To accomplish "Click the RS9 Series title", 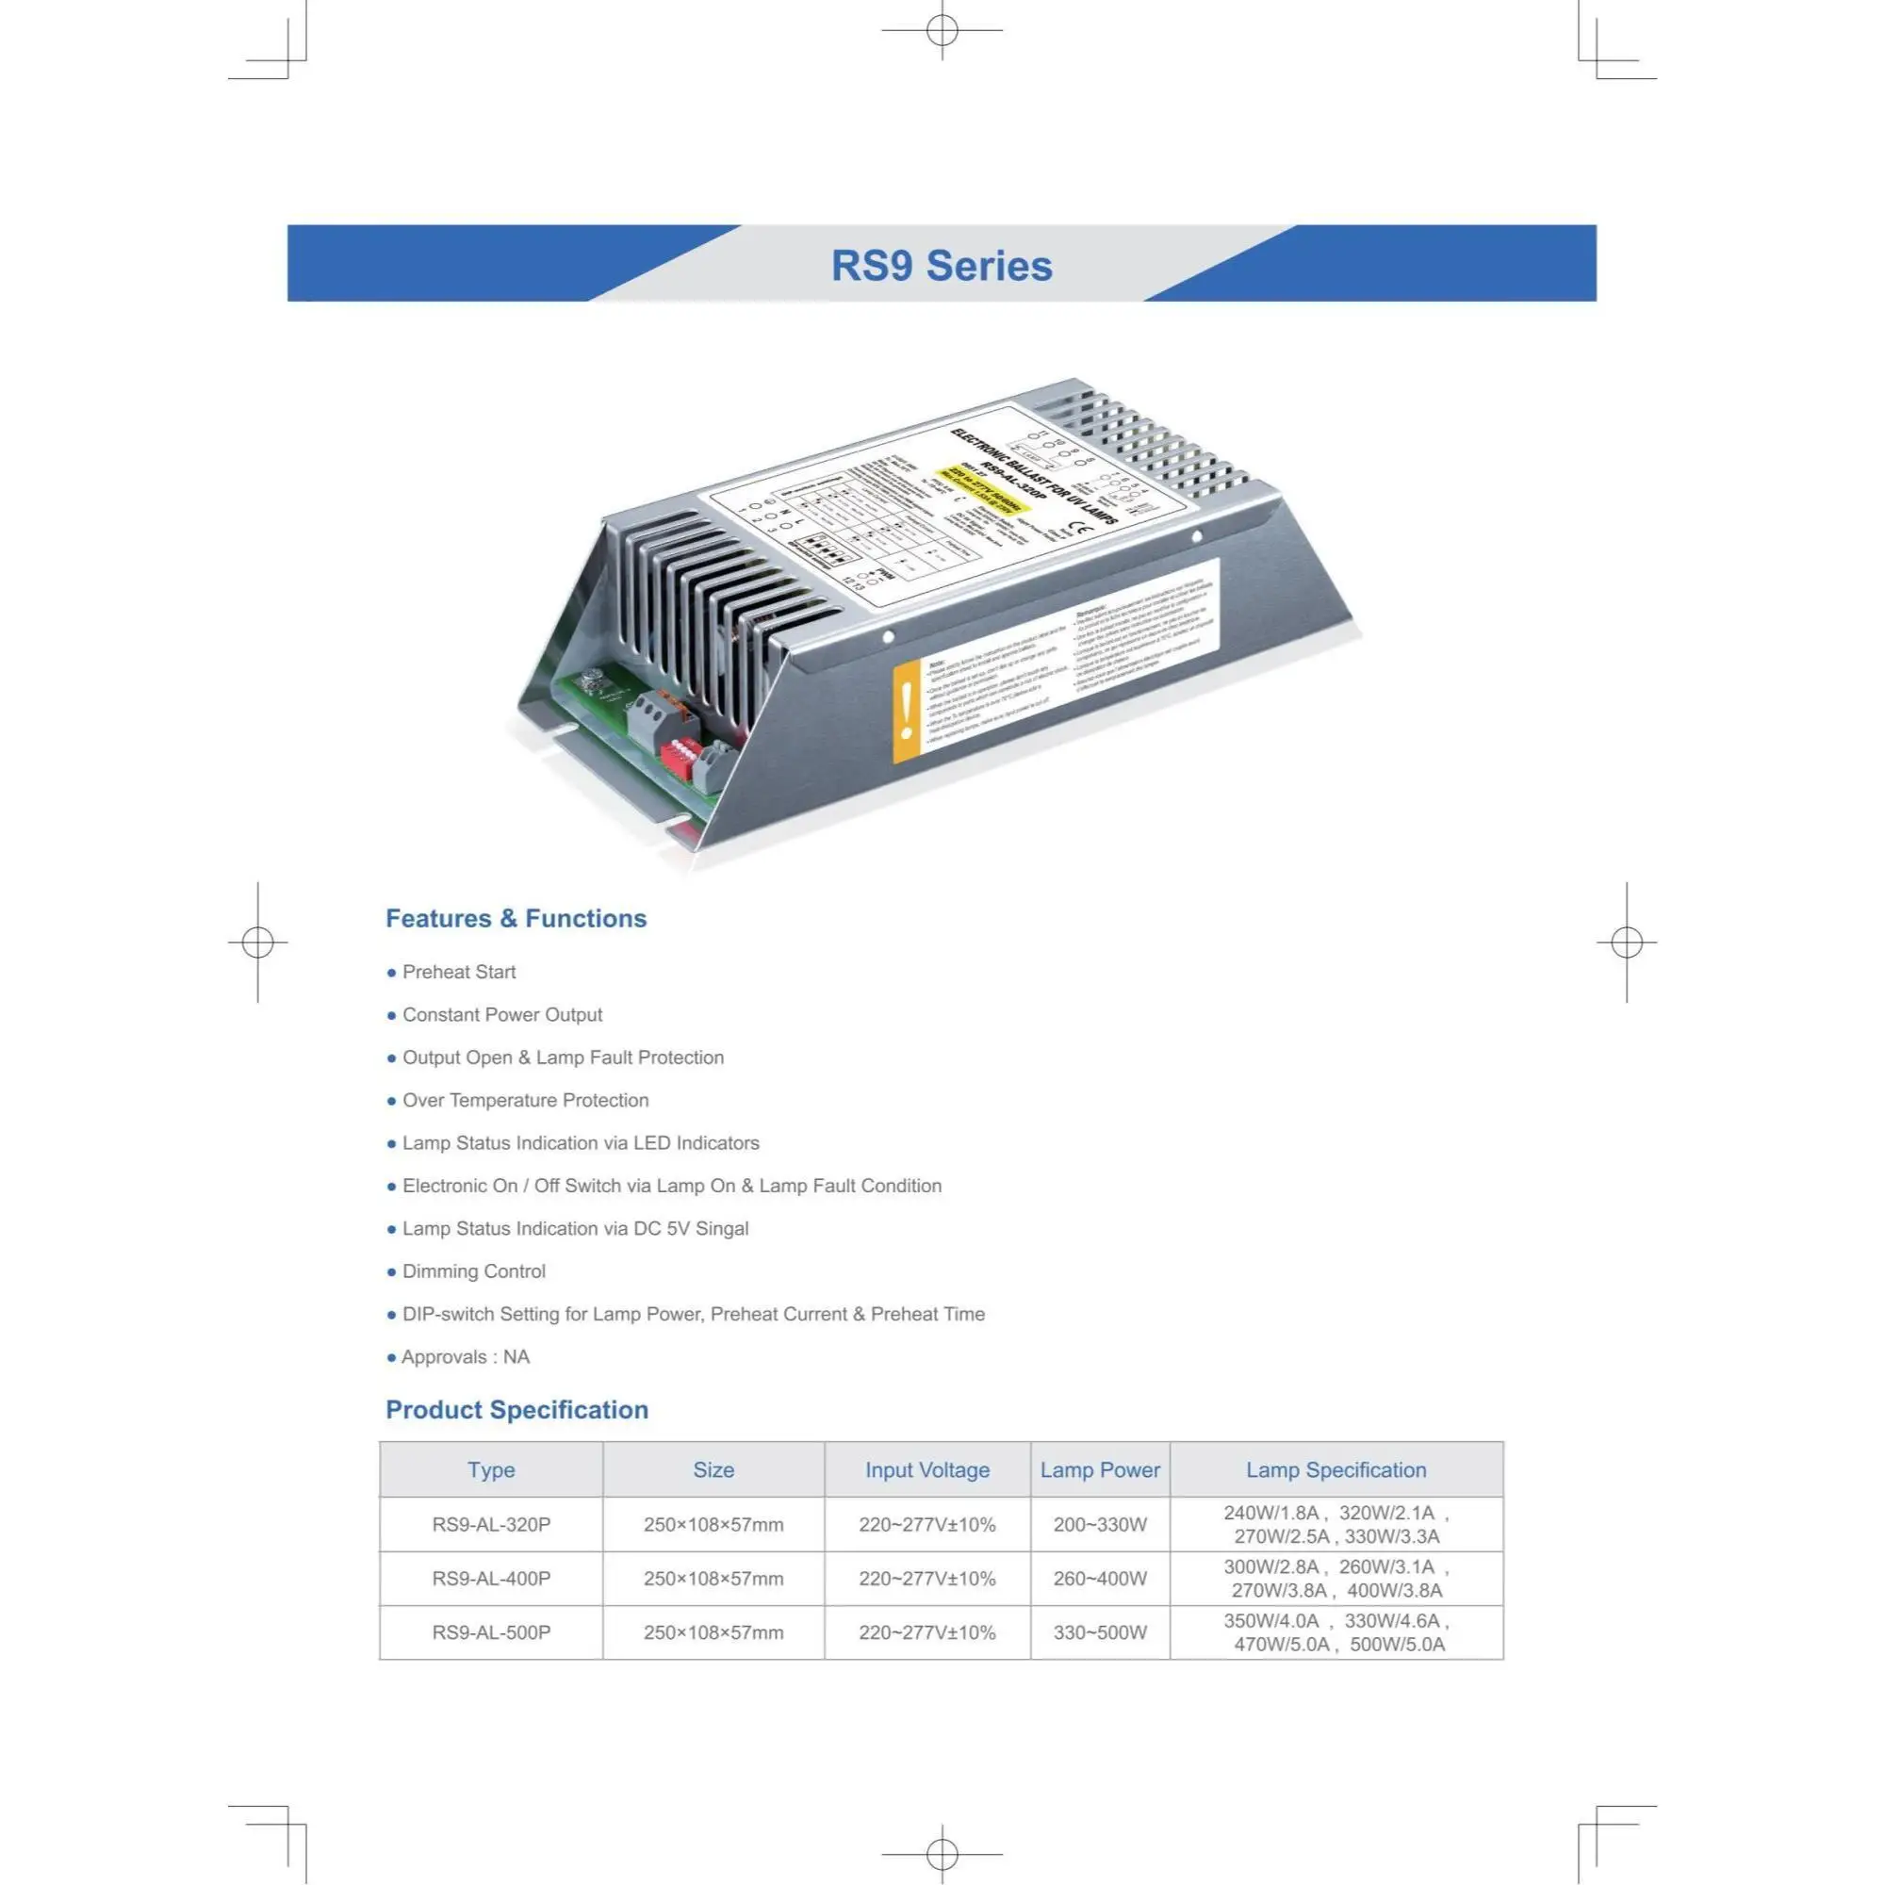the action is coord(942,266).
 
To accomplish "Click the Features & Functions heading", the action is coord(516,918).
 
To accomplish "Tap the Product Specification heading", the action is coord(516,1410).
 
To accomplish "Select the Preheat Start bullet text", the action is coord(459,972).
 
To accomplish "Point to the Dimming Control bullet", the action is coord(473,1271).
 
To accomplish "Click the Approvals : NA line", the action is coord(465,1357).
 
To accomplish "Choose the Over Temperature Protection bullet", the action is coord(525,1101).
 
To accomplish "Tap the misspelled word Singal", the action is coord(721,1228).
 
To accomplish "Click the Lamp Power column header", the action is coord(1100,1470).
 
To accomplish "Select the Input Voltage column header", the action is coord(926,1470).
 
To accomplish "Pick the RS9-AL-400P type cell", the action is coord(491,1579).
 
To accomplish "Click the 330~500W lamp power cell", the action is coord(1100,1632).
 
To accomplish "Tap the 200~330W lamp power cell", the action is coord(1100,1525).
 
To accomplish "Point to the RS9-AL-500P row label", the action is coord(491,1632).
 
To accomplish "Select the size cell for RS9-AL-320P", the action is coord(713,1525).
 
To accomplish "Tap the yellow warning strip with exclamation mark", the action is coord(907,712).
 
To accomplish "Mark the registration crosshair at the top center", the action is coord(942,30).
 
